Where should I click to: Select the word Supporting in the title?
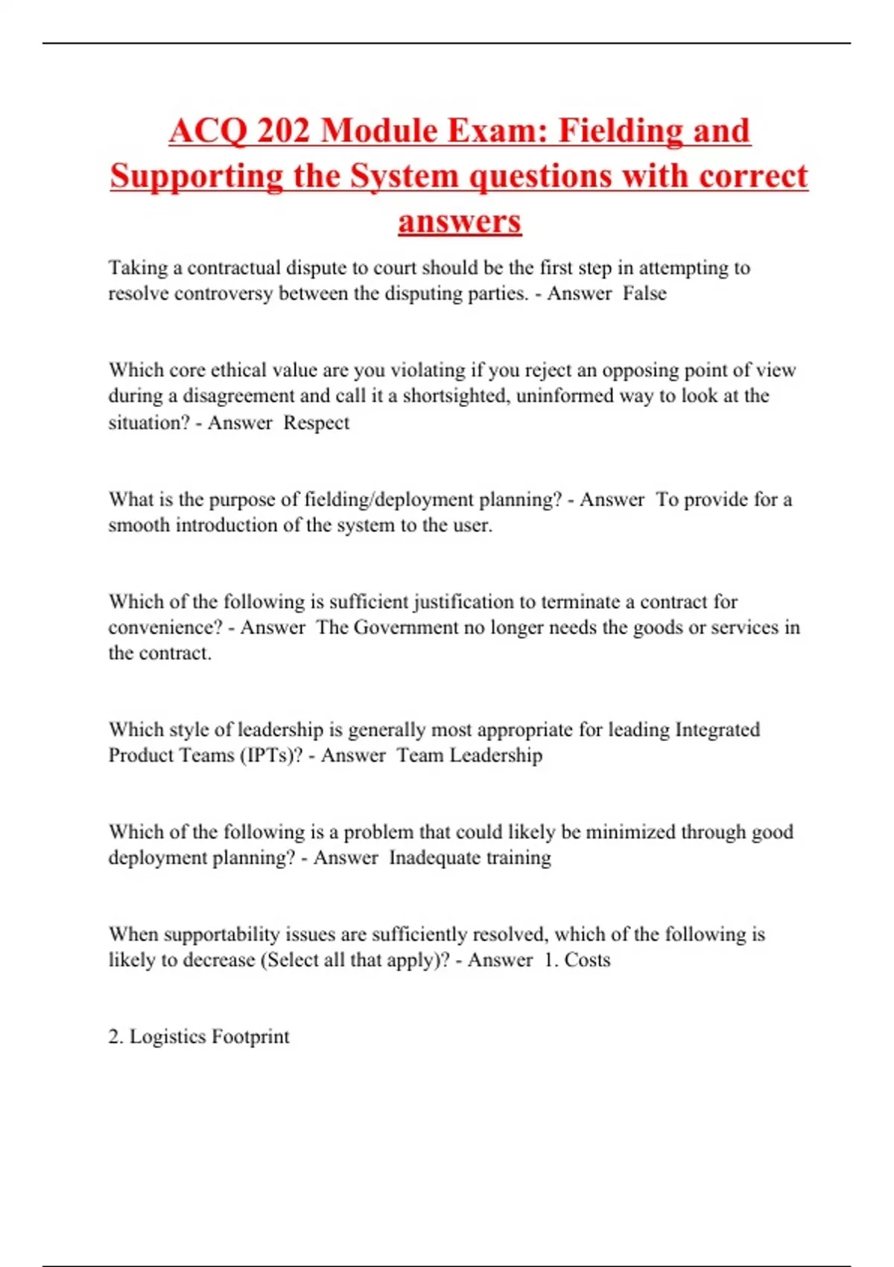click(196, 177)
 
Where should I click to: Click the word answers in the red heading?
click(460, 221)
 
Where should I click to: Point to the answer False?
click(644, 294)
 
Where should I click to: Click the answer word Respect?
click(317, 423)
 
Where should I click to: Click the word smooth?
click(139, 525)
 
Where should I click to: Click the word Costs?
click(588, 960)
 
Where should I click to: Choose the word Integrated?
click(717, 730)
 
